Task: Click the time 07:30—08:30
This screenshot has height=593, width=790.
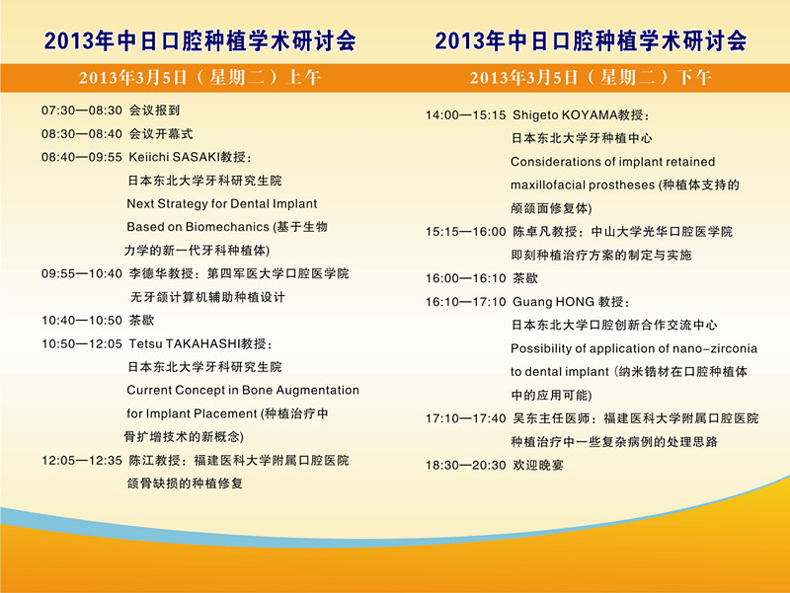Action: (x=82, y=111)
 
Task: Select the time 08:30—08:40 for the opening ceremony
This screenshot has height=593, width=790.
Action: (x=82, y=134)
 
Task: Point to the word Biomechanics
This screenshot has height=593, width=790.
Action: (x=227, y=227)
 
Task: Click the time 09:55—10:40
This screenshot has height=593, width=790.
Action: (x=82, y=274)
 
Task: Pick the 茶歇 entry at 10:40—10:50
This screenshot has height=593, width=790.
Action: (x=141, y=320)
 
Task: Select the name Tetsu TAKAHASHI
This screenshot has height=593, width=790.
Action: (x=185, y=343)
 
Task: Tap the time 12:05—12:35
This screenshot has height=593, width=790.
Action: (x=82, y=461)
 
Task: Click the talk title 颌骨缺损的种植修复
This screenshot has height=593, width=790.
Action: (x=185, y=483)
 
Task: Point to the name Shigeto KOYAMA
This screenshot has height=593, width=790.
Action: (x=565, y=115)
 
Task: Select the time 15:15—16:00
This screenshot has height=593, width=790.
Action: (x=465, y=232)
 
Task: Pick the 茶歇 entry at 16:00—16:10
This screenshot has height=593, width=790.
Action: (x=525, y=278)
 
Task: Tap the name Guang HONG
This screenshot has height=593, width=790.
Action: (x=553, y=302)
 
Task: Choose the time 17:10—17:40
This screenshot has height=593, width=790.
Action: (x=465, y=418)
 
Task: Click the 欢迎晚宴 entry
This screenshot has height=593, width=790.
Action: (x=538, y=465)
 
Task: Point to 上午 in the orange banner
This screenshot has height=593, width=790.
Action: (x=303, y=78)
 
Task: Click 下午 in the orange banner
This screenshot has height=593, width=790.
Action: (x=694, y=78)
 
